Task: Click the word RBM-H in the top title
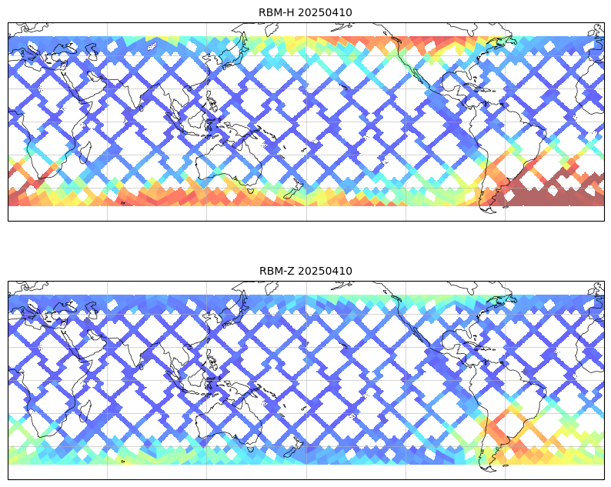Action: (277, 12)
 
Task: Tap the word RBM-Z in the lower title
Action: (277, 271)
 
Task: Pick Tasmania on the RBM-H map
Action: (251, 191)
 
